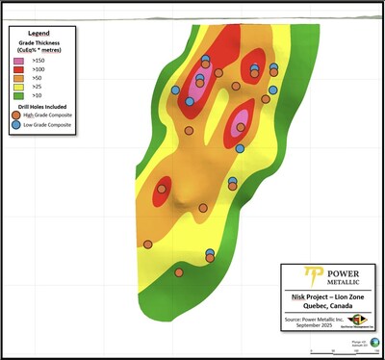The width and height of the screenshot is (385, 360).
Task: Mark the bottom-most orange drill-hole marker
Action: coord(181,273)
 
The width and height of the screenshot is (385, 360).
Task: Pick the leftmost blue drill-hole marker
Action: coord(175,90)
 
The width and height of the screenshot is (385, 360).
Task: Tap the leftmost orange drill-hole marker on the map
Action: coord(147,244)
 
